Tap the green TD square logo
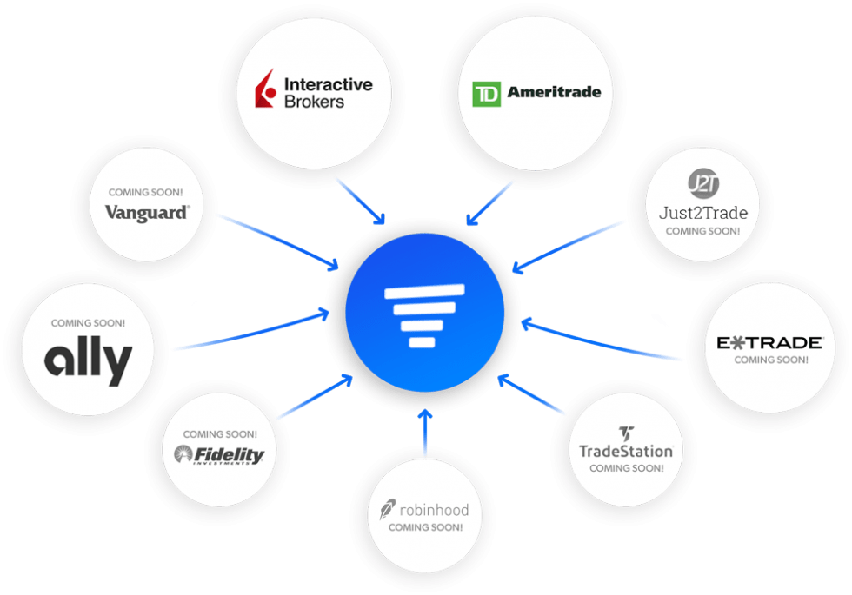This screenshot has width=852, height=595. tap(486, 94)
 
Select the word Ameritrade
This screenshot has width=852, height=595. tap(554, 93)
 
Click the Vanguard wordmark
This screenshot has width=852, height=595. tap(147, 212)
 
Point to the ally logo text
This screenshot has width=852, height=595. tap(88, 358)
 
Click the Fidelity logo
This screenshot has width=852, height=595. tap(218, 454)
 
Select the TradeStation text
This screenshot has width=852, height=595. tap(626, 452)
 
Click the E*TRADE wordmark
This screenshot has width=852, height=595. tap(769, 343)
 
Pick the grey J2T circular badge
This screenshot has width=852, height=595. tap(702, 185)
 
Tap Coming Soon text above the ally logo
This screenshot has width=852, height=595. tap(88, 323)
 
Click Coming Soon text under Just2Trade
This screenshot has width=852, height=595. tap(702, 232)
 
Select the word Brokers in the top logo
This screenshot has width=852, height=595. tap(314, 102)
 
